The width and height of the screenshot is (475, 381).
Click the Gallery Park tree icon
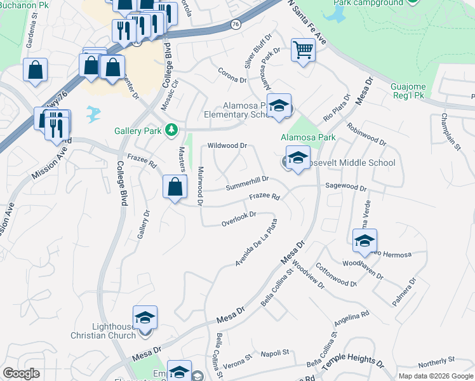click(170, 130)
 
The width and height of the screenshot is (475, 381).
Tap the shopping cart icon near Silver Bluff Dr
click(304, 50)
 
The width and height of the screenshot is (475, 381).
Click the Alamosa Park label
click(309, 137)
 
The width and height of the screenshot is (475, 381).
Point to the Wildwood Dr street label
click(227, 146)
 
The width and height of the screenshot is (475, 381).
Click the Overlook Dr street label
click(238, 218)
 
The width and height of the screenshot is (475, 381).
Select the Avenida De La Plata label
click(257, 243)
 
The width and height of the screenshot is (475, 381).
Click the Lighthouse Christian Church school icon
click(145, 317)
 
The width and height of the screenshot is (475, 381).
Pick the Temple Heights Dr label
click(353, 362)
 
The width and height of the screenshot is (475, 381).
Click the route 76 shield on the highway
click(236, 24)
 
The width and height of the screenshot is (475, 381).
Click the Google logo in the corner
click(21, 373)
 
